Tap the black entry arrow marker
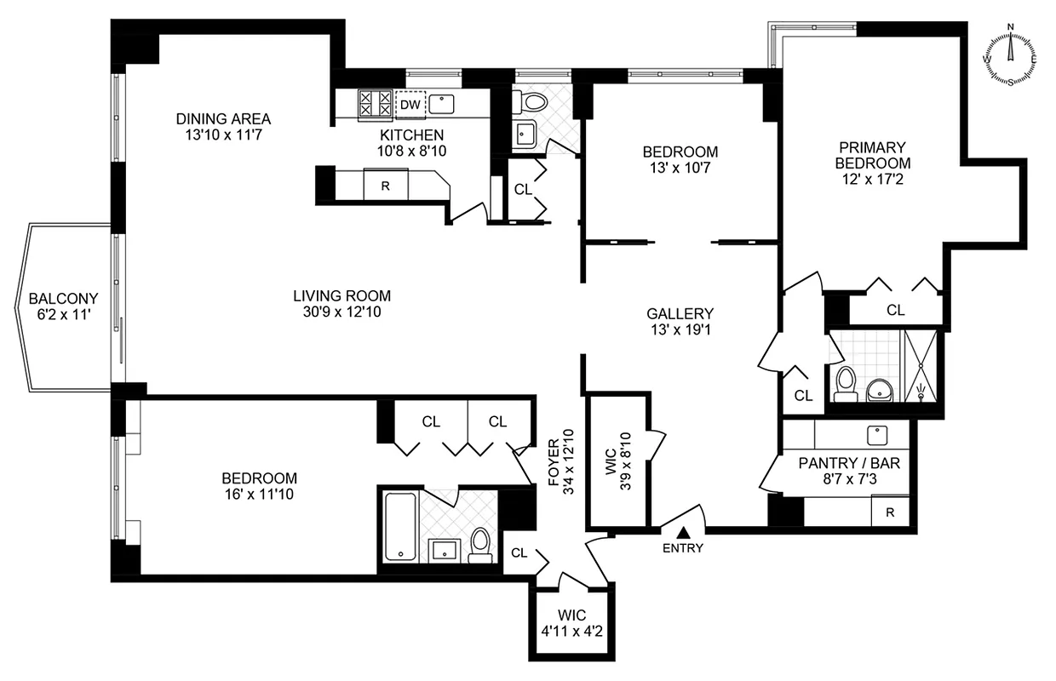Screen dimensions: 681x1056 682,532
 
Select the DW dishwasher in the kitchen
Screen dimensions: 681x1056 410,105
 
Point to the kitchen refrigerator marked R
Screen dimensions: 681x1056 385,185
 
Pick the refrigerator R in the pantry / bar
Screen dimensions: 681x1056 889,512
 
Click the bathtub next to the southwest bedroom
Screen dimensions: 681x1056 398,525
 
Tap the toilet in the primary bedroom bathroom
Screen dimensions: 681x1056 845,384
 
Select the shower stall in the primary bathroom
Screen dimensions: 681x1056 921,365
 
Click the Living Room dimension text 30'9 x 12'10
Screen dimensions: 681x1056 342,312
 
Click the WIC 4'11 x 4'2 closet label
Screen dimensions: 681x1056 571,623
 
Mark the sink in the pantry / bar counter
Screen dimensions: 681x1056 877,435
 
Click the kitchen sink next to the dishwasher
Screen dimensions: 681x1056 440,104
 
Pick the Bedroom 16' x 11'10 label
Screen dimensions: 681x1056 259,485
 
